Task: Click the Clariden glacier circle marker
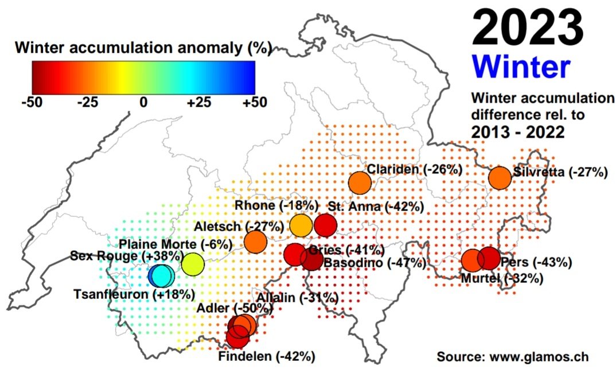[x=360, y=183]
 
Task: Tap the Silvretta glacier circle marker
[x=500, y=177]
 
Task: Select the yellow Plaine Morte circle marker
[x=193, y=264]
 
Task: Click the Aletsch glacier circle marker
[x=255, y=241]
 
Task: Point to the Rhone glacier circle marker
[x=300, y=225]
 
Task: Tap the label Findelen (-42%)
[x=267, y=356]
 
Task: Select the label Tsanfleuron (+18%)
[x=134, y=294]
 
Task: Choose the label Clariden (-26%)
[x=415, y=169]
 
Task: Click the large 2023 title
[x=528, y=28]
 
